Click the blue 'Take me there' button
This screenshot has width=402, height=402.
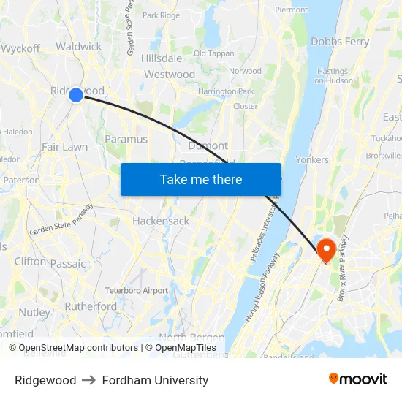tap(201, 179)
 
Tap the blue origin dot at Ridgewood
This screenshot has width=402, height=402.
tap(76, 94)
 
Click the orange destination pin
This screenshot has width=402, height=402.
tap(325, 249)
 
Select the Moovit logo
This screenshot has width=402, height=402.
tap(357, 379)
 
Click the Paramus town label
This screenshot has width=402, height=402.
tap(126, 139)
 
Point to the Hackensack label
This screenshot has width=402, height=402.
tap(161, 221)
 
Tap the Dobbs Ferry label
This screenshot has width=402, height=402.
tap(340, 42)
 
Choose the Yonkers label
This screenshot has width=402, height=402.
tap(312, 159)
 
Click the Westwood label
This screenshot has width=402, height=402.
tap(170, 75)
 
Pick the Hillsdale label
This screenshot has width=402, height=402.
tap(162, 58)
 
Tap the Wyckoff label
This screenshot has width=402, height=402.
tap(20, 48)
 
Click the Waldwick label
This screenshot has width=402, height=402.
tap(79, 46)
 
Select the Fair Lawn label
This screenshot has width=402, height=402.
tap(64, 147)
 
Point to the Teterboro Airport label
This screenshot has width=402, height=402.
tap(137, 290)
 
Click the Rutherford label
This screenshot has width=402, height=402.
tap(91, 306)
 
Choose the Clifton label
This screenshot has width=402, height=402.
tap(30, 261)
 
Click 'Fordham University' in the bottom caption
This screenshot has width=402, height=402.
tap(155, 380)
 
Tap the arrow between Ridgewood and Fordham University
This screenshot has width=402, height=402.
tap(89, 380)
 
